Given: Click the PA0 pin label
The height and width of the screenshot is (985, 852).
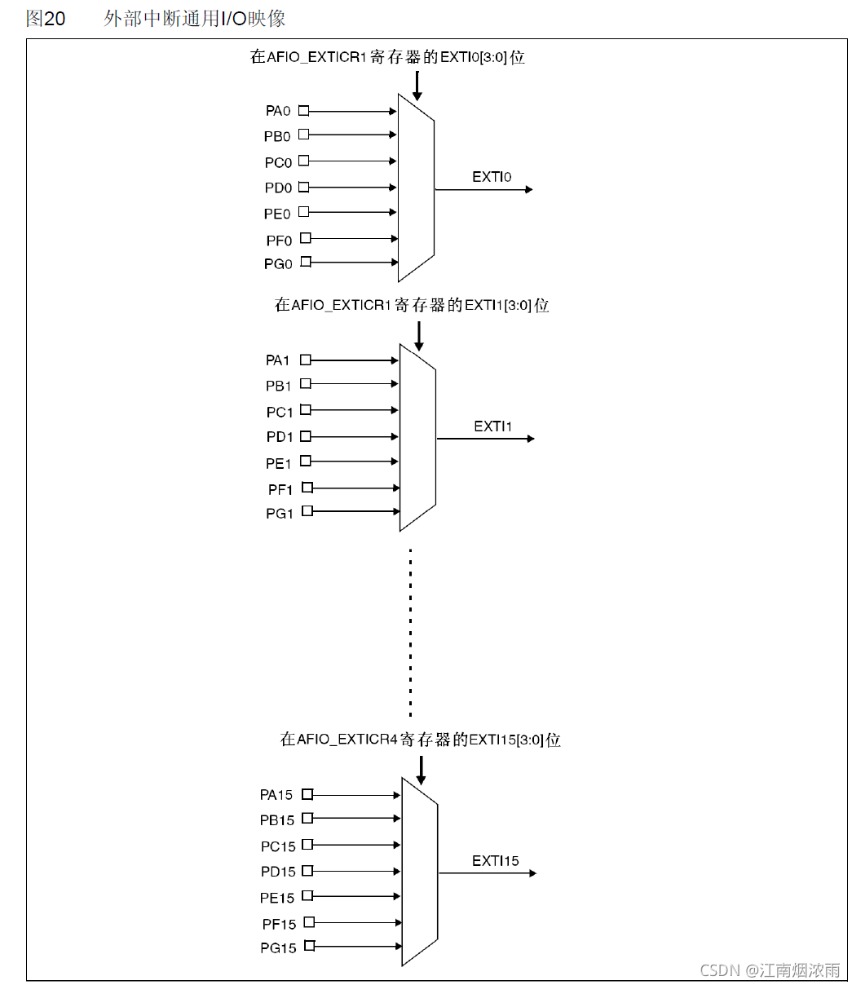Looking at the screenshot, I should (x=278, y=111).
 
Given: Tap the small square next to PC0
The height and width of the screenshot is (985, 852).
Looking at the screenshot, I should (x=303, y=161).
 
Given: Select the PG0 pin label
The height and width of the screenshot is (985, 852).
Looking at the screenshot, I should (x=278, y=263).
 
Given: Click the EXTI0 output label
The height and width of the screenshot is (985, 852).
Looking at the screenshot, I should (x=492, y=176).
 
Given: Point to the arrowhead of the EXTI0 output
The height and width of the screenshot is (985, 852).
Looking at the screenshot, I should (x=528, y=189).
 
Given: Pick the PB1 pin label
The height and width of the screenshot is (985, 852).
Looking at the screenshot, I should (x=278, y=386).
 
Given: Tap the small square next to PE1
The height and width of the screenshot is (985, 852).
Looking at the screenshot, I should (x=306, y=461).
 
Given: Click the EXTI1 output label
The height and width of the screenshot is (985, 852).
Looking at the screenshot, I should (x=492, y=426).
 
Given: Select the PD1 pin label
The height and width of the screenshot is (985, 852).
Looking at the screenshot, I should (x=279, y=438).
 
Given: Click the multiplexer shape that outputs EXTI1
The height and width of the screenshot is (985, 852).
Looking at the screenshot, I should (x=417, y=438).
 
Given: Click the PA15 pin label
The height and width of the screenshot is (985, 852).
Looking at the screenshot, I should (x=276, y=795).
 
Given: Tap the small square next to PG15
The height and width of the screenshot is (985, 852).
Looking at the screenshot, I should (x=309, y=946).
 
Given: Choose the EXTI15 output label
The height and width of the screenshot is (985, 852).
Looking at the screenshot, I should (x=495, y=861).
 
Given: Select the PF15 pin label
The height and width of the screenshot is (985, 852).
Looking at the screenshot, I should (x=279, y=924).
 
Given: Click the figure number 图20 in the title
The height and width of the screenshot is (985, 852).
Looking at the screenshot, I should (x=46, y=19).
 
